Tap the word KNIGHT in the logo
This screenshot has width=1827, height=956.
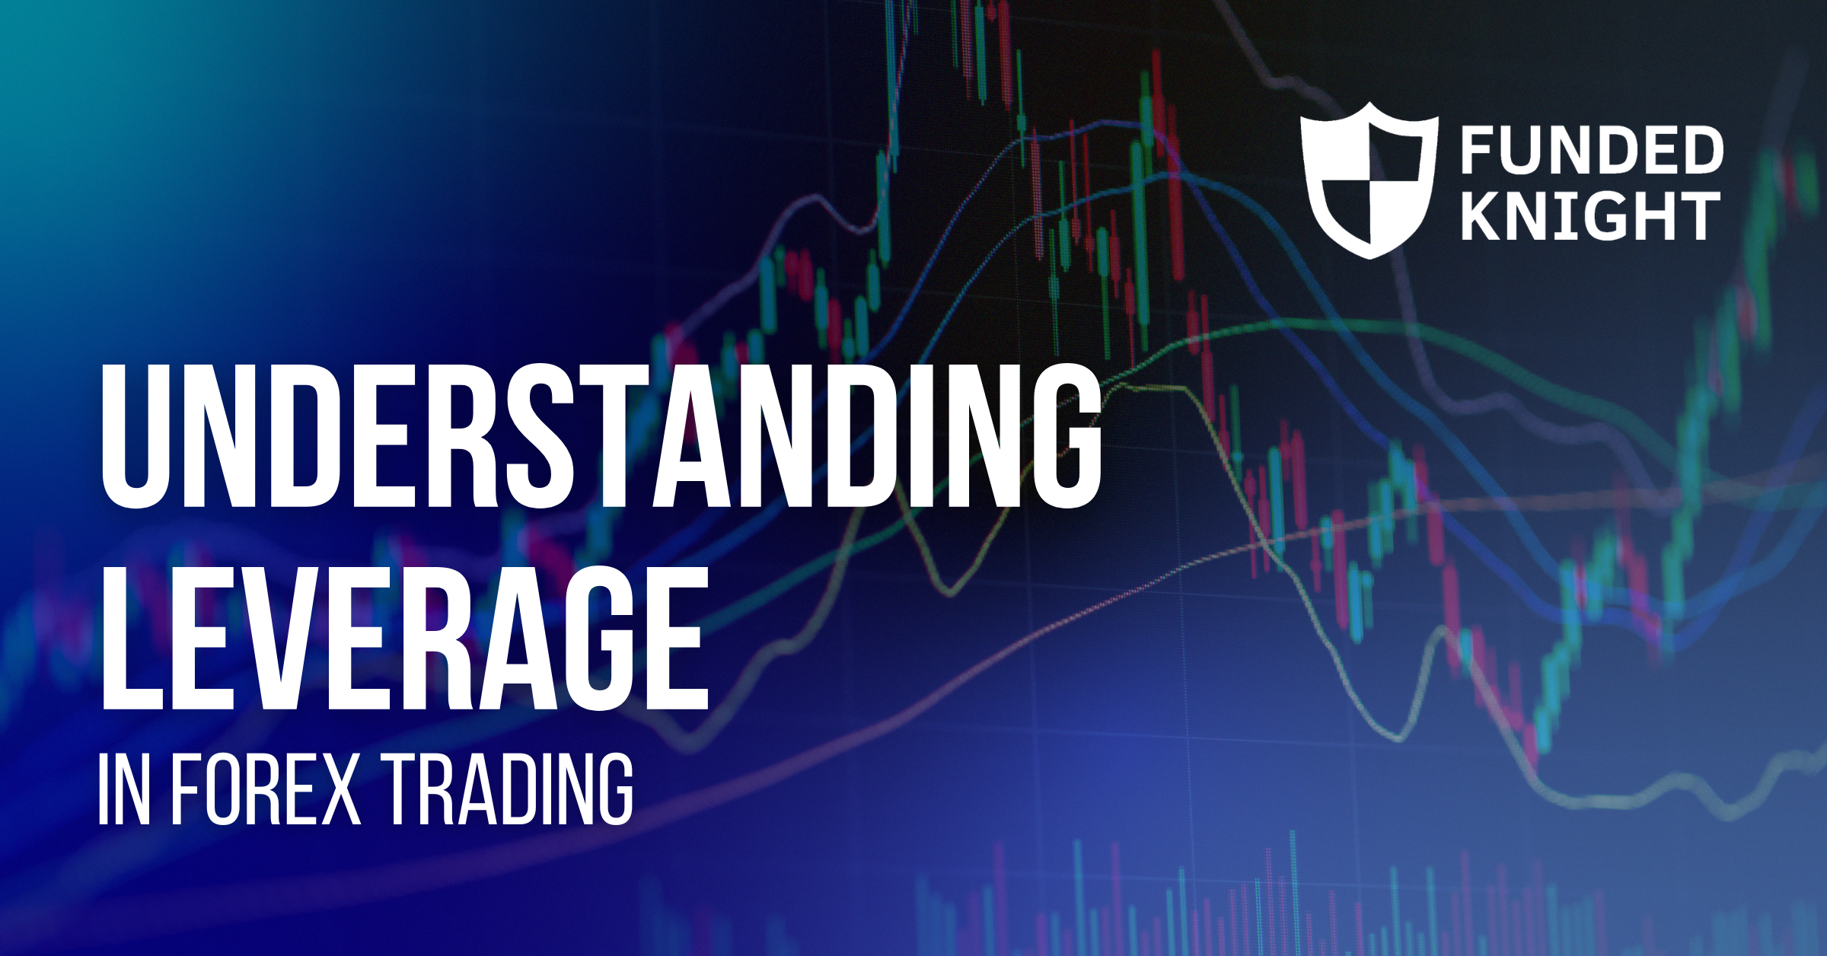point(1590,216)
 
